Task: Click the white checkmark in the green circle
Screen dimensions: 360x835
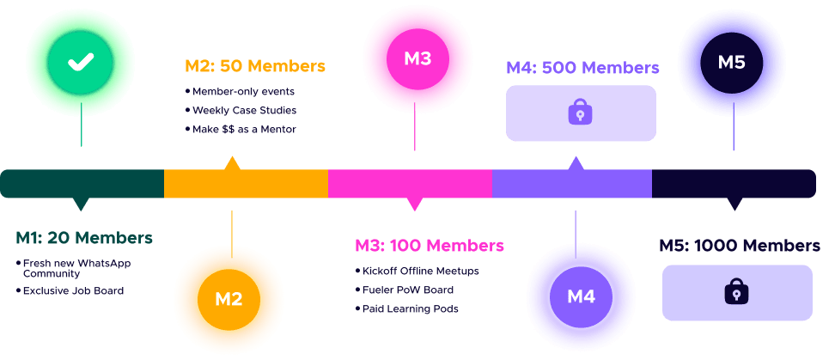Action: tap(81, 61)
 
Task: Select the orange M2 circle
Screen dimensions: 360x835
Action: tap(229, 299)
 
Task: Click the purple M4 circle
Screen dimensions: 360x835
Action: tap(581, 297)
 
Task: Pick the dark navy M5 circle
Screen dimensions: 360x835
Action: tap(732, 61)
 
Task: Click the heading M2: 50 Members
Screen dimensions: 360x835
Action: tap(255, 65)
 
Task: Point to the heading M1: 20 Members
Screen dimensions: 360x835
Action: tap(84, 238)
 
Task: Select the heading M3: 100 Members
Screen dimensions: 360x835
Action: tap(430, 246)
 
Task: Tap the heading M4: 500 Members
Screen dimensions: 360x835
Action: tap(582, 67)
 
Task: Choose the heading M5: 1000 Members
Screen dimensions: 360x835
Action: tap(740, 246)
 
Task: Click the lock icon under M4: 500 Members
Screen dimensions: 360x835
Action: tap(581, 113)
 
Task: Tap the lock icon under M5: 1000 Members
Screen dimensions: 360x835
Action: tap(736, 292)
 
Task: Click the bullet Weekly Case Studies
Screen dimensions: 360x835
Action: tap(244, 110)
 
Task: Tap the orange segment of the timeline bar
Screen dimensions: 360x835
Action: tap(246, 184)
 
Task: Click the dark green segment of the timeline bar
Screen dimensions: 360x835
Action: tap(82, 184)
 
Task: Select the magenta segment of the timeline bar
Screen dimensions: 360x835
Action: tap(410, 184)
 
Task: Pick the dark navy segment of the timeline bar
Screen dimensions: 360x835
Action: tap(734, 184)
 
